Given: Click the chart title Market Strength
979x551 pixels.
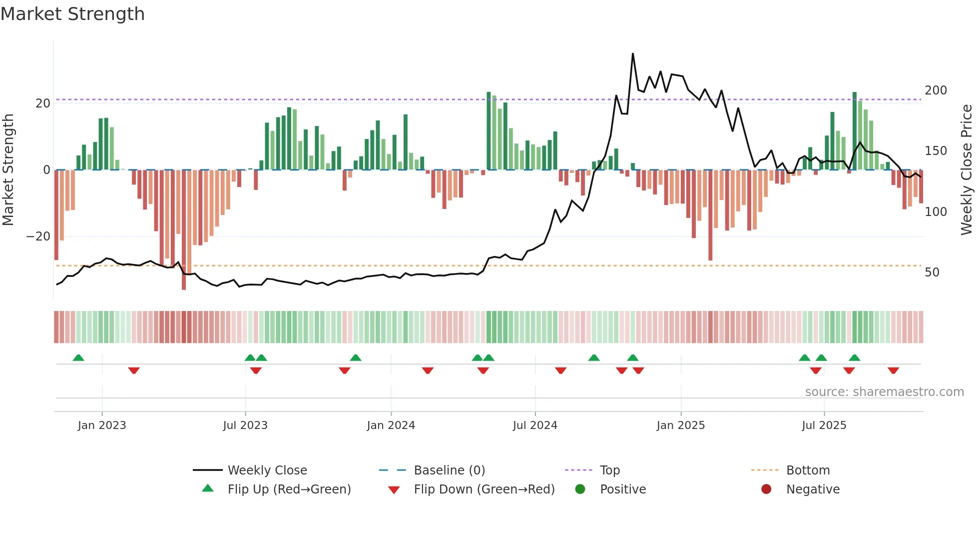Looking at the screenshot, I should click(72, 14).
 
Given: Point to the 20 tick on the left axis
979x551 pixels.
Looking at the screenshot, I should click(43, 103).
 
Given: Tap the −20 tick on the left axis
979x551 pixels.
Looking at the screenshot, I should click(38, 236).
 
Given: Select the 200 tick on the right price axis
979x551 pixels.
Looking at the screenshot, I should click(936, 90).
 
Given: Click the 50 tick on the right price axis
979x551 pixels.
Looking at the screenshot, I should click(932, 272).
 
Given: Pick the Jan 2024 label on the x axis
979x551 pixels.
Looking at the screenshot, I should click(391, 425).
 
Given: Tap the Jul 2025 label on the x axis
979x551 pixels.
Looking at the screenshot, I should click(824, 425).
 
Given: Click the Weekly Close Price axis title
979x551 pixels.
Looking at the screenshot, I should click(967, 170).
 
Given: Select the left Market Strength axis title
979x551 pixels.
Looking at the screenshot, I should click(8, 170).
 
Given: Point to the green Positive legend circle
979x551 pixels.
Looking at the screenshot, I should click(580, 489).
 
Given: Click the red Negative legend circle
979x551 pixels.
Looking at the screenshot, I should click(766, 489).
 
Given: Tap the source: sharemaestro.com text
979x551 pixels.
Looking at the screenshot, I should click(884, 392).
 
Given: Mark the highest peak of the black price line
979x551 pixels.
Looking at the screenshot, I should click(633, 53).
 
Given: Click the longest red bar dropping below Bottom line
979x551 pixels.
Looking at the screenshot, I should click(184, 230).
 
